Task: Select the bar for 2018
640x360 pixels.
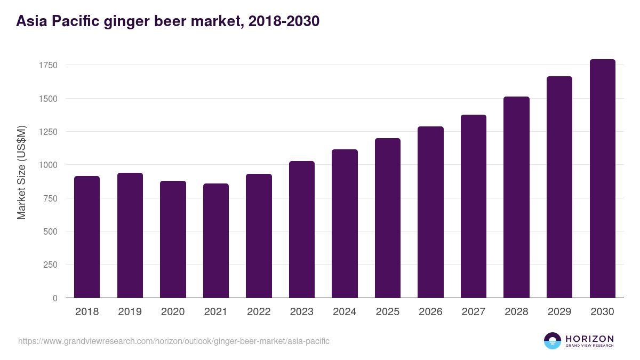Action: [x=87, y=237]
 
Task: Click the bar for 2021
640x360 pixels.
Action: [x=216, y=241]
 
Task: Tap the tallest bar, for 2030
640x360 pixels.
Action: [x=603, y=179]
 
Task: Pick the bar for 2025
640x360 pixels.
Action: [x=388, y=218]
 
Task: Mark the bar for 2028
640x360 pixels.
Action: [x=517, y=197]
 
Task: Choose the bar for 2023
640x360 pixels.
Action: [x=302, y=229]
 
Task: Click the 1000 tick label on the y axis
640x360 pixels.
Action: [x=48, y=165]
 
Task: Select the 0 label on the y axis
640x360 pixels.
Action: [x=55, y=298]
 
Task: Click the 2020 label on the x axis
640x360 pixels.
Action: [x=173, y=312]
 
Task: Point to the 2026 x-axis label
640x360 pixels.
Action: [x=430, y=312]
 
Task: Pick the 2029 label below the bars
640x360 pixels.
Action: [x=559, y=312]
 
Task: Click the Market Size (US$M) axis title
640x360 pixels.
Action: [x=21, y=172]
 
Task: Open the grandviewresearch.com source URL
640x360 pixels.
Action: [x=174, y=341]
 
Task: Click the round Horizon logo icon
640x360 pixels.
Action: [x=553, y=341]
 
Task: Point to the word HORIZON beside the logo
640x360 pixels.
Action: [x=589, y=338]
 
